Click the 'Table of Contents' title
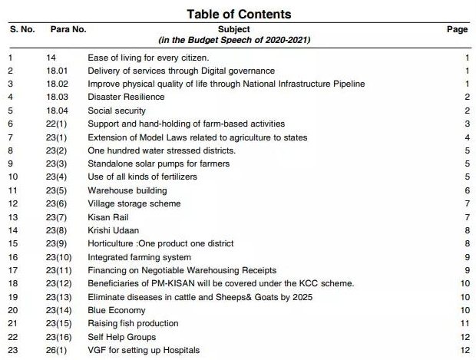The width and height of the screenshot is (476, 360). point(239,14)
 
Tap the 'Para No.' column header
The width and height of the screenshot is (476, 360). point(68,29)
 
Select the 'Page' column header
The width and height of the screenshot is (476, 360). point(457,29)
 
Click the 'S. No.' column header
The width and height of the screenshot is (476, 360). point(23,29)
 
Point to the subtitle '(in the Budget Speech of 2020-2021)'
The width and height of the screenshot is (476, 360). point(240,39)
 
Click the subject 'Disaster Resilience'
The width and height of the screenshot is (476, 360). point(126,97)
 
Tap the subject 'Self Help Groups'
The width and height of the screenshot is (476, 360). point(121,337)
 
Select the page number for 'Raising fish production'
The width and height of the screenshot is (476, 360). point(464,324)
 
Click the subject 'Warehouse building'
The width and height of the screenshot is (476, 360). point(127,190)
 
